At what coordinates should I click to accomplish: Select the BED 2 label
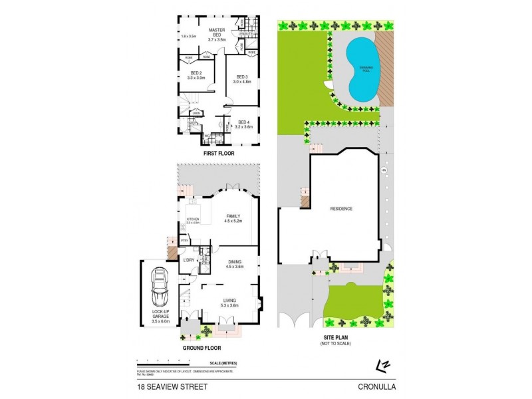pos(196,75)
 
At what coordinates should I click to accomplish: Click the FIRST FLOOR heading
pos(219,154)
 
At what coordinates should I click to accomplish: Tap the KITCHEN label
pos(193,219)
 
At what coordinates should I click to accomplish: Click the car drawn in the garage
pos(160,287)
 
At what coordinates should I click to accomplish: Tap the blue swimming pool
pos(360,69)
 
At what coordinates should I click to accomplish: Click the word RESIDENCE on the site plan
pos(341,209)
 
